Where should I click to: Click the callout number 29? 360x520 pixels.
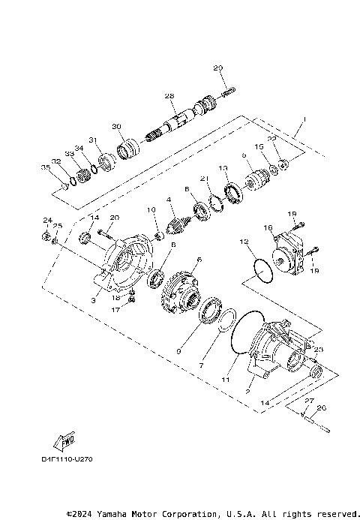218,69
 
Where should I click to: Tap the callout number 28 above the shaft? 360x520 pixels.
169,96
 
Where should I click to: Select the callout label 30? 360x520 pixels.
116,126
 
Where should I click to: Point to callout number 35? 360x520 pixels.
45,167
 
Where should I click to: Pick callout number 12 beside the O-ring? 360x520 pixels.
243,242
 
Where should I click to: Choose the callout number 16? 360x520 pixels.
268,227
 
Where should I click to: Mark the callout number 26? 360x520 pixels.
323,408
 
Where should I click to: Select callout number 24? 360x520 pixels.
46,221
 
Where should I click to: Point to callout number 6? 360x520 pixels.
199,259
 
